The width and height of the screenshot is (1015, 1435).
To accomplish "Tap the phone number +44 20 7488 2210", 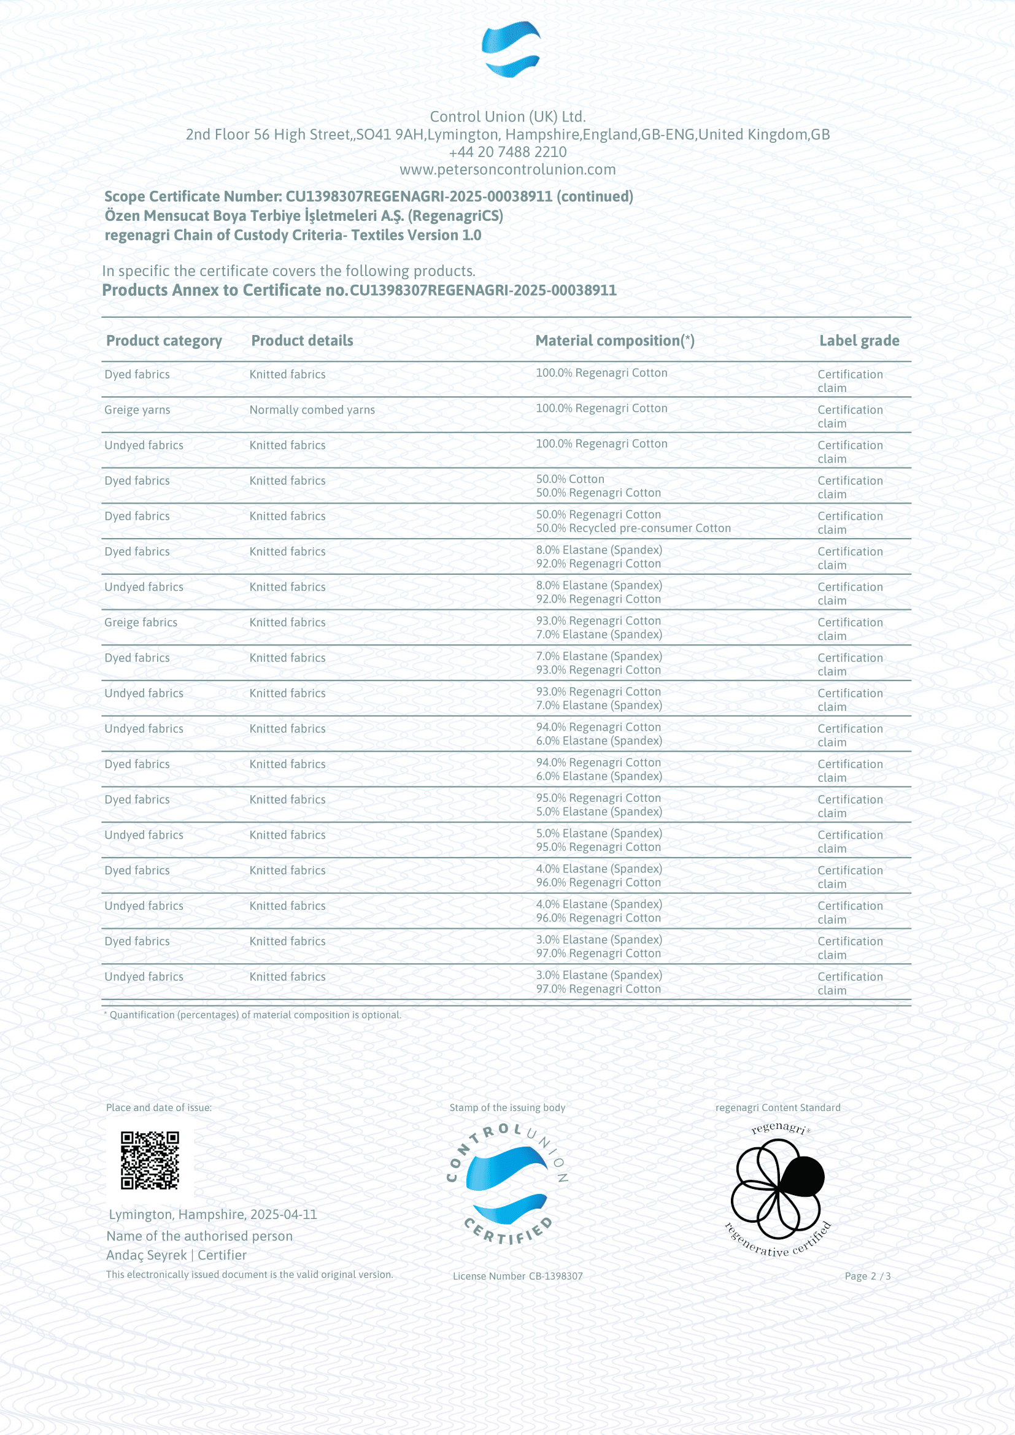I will (507, 152).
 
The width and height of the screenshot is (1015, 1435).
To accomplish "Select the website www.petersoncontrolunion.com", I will (507, 169).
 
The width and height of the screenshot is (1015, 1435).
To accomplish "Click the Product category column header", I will (164, 340).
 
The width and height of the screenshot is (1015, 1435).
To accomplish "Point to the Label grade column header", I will (859, 340).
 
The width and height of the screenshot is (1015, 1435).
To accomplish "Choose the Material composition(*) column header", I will (614, 340).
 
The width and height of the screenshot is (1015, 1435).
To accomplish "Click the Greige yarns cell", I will (137, 410).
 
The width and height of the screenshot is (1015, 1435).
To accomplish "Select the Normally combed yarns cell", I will (312, 410).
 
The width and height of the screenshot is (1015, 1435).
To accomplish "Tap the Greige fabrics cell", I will (141, 623).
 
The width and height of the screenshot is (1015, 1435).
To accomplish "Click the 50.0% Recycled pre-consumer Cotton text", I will (633, 528).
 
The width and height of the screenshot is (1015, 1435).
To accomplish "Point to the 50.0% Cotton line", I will (570, 479).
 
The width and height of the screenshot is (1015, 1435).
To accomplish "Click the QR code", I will (150, 1161).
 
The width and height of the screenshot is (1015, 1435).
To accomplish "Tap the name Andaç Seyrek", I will (146, 1255).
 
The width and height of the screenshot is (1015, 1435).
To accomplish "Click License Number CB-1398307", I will (517, 1276).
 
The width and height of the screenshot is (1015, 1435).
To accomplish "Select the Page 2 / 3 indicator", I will (868, 1276).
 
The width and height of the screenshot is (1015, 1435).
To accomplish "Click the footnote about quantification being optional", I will (252, 1015).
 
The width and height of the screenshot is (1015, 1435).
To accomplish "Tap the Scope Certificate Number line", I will (369, 197).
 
